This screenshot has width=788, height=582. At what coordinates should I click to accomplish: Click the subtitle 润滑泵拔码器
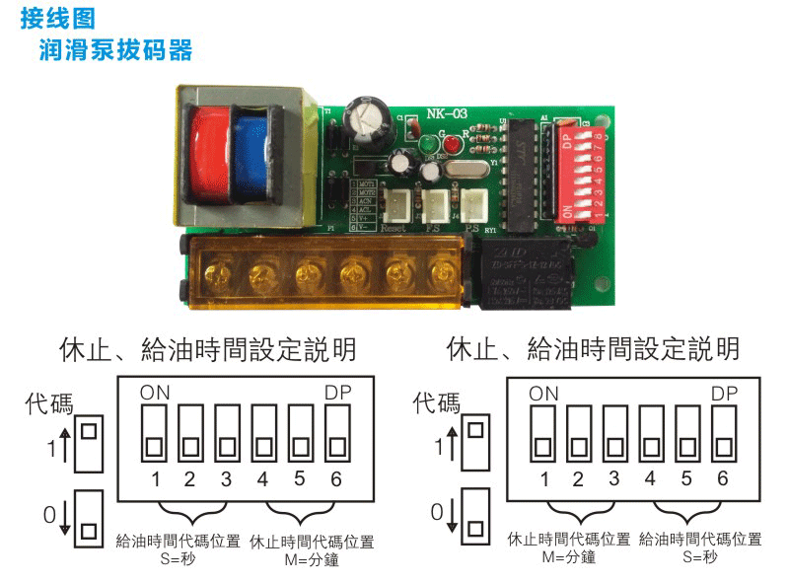[x=115, y=48]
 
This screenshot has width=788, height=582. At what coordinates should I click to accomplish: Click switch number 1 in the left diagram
[x=155, y=435]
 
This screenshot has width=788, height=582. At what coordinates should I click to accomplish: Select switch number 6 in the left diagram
[x=336, y=435]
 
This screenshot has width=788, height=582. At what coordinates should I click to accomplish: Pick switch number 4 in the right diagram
[x=650, y=435]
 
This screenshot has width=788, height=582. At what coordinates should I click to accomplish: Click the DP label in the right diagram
[x=725, y=393]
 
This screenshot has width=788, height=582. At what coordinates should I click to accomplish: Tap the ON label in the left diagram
[x=155, y=393]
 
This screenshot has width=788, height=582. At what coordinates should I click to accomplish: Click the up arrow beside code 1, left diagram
[x=65, y=447]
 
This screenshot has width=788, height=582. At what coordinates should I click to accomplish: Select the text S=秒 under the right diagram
[x=700, y=557]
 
